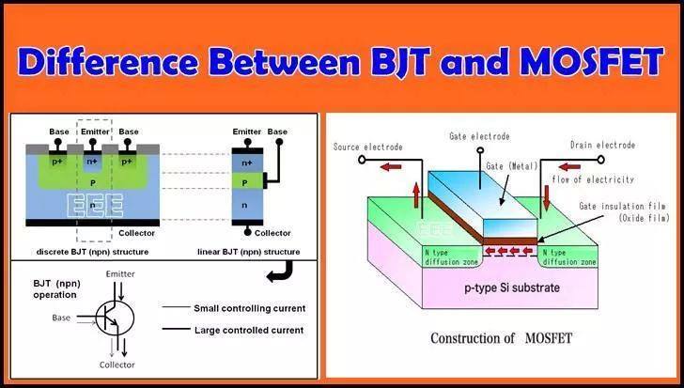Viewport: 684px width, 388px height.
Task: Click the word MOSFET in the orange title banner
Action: click(592, 61)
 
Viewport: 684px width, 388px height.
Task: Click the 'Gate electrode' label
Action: click(479, 136)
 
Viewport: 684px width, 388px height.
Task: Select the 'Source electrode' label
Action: click(367, 147)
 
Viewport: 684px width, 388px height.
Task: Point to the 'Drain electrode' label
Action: click(603, 146)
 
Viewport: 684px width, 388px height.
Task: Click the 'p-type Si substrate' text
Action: click(512, 287)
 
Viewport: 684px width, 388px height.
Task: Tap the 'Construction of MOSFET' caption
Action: click(501, 338)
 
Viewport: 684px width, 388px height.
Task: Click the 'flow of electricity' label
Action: click(593, 179)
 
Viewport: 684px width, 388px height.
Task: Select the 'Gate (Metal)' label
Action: click(512, 166)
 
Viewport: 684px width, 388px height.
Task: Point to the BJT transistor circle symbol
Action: click(115, 318)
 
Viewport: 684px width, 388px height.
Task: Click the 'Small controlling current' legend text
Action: click(250, 308)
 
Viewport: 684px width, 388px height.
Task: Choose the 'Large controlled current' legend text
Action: click(249, 330)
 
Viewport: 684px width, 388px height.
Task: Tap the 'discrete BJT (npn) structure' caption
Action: click(92, 252)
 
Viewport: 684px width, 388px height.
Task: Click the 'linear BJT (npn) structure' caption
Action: click(249, 252)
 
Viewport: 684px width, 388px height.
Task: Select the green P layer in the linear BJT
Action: click(247, 181)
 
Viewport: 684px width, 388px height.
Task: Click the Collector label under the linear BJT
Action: click(272, 233)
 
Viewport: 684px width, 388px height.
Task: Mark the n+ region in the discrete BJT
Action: click(92, 163)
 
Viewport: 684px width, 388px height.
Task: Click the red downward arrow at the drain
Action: click(547, 197)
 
